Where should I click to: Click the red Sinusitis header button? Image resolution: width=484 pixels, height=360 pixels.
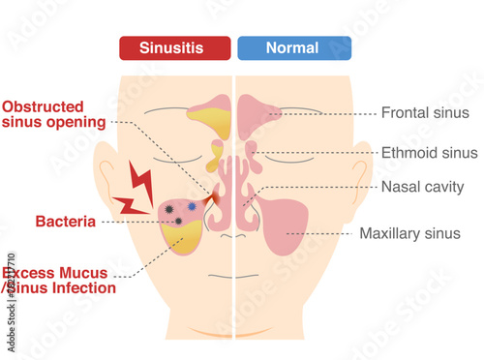(x=174, y=47)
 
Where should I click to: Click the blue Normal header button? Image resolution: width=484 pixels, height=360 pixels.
(x=292, y=47)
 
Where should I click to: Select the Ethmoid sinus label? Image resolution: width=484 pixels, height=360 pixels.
(x=430, y=153)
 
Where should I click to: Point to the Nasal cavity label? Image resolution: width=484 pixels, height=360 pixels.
(x=423, y=187)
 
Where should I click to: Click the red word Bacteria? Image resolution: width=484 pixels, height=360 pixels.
(x=65, y=222)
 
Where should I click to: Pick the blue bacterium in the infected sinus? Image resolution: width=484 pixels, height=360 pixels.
(x=191, y=205)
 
